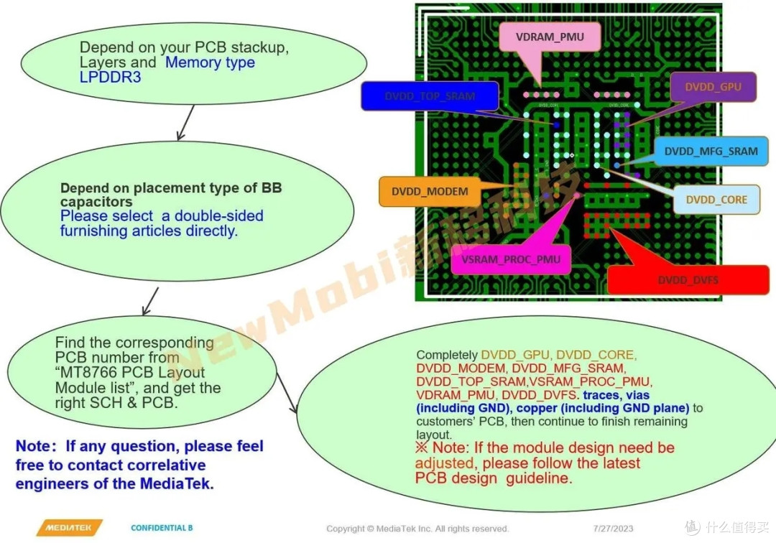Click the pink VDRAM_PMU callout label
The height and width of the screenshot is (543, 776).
click(550, 37)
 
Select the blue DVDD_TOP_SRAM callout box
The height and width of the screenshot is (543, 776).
click(430, 96)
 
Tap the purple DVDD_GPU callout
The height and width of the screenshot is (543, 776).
click(713, 87)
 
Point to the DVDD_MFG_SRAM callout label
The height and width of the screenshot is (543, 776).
click(711, 152)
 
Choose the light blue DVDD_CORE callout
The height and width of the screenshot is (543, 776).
click(716, 200)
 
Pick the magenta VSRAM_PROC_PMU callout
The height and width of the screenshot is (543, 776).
click(511, 259)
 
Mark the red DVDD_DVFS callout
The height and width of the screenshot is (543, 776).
click(688, 280)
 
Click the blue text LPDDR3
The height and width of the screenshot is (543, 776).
click(110, 78)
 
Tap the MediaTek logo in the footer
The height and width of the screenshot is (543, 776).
click(69, 528)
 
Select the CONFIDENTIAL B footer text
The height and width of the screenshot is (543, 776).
click(162, 528)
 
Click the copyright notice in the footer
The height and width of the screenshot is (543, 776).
click(417, 529)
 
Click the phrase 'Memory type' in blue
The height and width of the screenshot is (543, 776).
click(210, 62)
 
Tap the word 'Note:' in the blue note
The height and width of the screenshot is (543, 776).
click(38, 447)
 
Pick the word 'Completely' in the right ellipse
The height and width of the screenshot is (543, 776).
click(446, 355)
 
